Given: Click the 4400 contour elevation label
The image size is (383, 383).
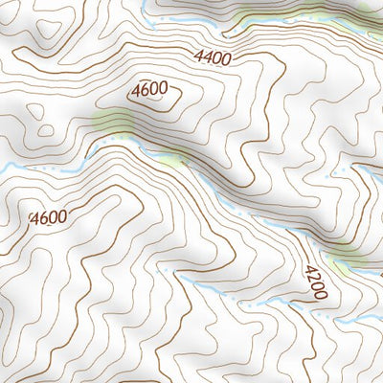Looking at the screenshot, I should pyautogui.click(x=212, y=57).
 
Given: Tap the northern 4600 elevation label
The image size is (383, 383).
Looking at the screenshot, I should pyautogui.click(x=150, y=90).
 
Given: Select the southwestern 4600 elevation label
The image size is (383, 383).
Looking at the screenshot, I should pyautogui.click(x=48, y=217).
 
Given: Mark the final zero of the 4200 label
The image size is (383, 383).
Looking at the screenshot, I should pyautogui.click(x=320, y=295).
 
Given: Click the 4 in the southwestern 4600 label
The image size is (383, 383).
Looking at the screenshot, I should pyautogui.click(x=34, y=217).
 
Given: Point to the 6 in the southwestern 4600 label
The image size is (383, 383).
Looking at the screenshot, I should pyautogui.click(x=43, y=217).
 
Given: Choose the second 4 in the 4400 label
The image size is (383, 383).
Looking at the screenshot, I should pyautogui.click(x=208, y=57).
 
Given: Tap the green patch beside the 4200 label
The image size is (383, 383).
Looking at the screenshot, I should pyautogui.click(x=347, y=256).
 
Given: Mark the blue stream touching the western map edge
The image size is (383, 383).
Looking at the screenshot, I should pyautogui.click(x=8, y=169).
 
